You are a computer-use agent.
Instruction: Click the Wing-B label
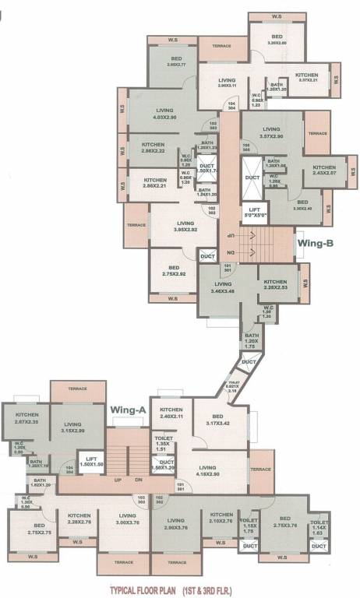[316, 243]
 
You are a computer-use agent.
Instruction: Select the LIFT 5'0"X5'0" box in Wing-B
[253, 213]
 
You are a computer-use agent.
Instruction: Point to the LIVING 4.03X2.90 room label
[165, 114]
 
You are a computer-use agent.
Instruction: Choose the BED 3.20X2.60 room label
[277, 40]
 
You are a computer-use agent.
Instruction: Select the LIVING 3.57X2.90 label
[272, 133]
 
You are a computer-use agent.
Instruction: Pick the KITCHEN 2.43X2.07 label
[324, 171]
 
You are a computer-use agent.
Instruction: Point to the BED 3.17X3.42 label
[223, 420]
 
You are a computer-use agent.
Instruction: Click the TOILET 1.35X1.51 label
[164, 444]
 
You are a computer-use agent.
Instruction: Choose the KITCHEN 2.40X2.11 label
[171, 413]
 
